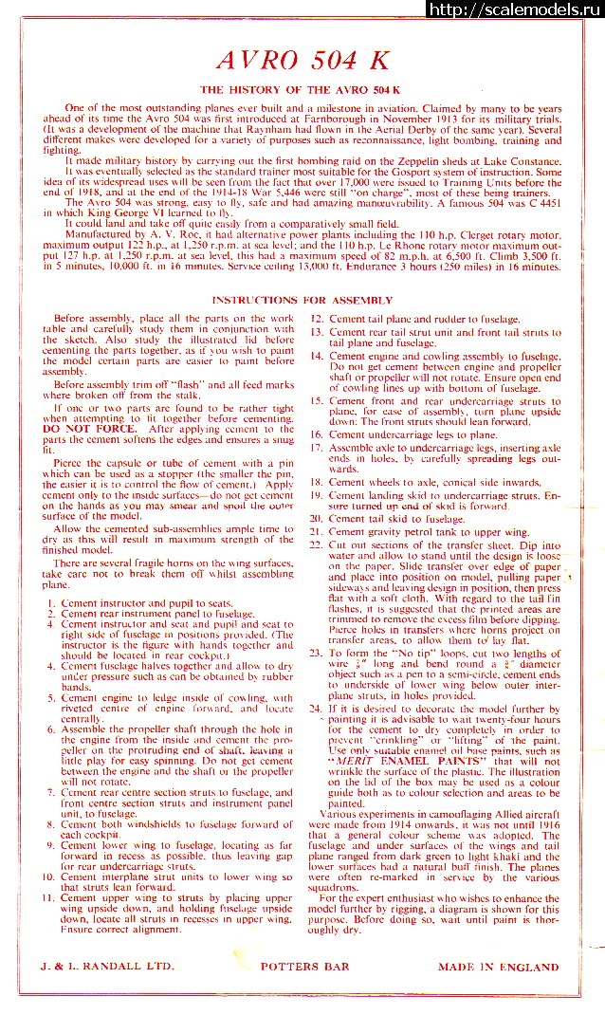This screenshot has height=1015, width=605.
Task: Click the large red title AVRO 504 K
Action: tap(302, 60)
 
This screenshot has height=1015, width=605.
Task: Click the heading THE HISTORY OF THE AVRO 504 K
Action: tap(302, 88)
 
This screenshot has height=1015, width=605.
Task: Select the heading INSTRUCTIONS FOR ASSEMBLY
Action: tap(302, 300)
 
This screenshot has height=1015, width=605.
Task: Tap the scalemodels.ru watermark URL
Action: tap(517, 9)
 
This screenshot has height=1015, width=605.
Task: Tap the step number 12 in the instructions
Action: tap(318, 320)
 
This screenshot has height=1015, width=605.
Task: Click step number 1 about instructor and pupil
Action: tap(64, 602)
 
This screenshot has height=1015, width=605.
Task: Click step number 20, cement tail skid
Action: tap(317, 519)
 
